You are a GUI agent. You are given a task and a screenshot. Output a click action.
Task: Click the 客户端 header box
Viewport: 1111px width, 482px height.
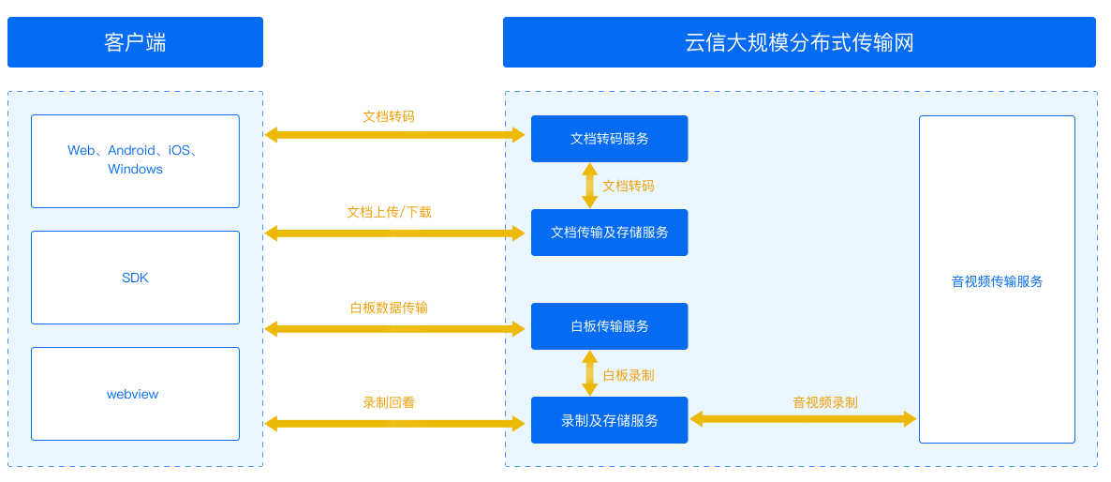[135, 42]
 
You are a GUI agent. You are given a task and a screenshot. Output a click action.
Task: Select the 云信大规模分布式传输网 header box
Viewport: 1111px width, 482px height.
[799, 42]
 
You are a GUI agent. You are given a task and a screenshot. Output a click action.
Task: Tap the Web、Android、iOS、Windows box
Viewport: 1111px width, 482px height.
[135, 161]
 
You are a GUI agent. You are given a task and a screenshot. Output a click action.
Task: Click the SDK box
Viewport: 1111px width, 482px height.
[135, 278]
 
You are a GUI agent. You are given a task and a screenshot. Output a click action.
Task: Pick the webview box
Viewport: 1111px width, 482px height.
[135, 394]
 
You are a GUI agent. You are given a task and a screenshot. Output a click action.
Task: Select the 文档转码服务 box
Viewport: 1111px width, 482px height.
[609, 139]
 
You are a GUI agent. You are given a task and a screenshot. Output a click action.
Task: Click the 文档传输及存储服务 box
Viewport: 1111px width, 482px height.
[609, 233]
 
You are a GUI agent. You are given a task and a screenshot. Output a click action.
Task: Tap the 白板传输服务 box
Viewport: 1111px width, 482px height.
[609, 326]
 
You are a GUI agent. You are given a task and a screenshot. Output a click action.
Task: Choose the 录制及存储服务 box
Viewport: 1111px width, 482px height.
[609, 420]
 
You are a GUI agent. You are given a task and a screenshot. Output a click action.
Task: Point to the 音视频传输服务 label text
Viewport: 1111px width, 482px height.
[997, 281]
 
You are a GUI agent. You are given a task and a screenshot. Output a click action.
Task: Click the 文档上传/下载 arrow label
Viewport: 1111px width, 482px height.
[389, 212]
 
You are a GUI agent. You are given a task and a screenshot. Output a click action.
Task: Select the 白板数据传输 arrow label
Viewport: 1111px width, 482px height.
[389, 308]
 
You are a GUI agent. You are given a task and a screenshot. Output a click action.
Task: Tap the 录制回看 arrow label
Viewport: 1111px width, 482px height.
[389, 402]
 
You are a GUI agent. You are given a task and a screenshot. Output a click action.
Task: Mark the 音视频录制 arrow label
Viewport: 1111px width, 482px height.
[824, 402]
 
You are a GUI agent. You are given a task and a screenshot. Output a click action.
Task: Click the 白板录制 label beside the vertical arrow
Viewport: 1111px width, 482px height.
[629, 375]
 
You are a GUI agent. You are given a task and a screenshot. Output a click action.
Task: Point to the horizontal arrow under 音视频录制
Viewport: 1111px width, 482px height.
[803, 419]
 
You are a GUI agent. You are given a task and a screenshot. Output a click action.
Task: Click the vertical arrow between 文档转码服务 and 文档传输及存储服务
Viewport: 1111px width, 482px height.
[589, 186]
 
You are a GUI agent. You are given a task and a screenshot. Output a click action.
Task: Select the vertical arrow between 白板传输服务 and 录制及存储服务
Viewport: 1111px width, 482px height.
[589, 373]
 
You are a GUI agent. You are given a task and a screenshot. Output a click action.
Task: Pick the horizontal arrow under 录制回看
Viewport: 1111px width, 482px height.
[394, 424]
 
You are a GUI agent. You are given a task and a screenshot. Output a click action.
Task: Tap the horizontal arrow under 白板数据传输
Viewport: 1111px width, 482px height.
[394, 328]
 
